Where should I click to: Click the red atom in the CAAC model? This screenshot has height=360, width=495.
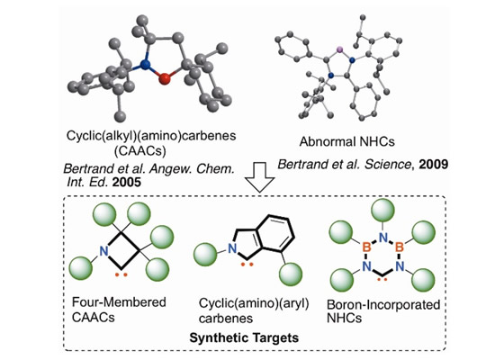pyautogui.click(x=164, y=78)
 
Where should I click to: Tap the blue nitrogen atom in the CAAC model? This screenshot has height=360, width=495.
pyautogui.click(x=145, y=65)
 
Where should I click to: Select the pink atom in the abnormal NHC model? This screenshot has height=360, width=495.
pyautogui.click(x=339, y=49)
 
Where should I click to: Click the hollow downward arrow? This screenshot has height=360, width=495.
pyautogui.click(x=260, y=177)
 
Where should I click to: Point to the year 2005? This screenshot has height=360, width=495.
pyautogui.click(x=127, y=182)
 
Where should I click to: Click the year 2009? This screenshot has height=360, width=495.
pyautogui.click(x=434, y=164)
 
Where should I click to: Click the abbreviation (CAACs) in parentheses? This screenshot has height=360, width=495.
pyautogui.click(x=140, y=151)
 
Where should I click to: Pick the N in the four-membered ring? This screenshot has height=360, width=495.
pyautogui.click(x=103, y=251)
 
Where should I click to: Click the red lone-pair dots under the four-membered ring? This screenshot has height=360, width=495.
pyautogui.click(x=121, y=274)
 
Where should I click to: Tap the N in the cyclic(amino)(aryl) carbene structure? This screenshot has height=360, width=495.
pyautogui.click(x=232, y=248)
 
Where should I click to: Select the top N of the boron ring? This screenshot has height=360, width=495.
pyautogui.click(x=382, y=238)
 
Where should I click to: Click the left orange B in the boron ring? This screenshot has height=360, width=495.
pyautogui.click(x=366, y=247)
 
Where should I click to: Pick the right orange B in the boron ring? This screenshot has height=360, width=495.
pyautogui.click(x=400, y=247)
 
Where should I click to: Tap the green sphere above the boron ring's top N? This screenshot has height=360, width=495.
pyautogui.click(x=382, y=210)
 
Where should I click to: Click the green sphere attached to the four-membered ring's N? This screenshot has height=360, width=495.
pyautogui.click(x=81, y=268)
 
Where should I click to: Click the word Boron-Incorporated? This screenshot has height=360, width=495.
pyautogui.click(x=383, y=305)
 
